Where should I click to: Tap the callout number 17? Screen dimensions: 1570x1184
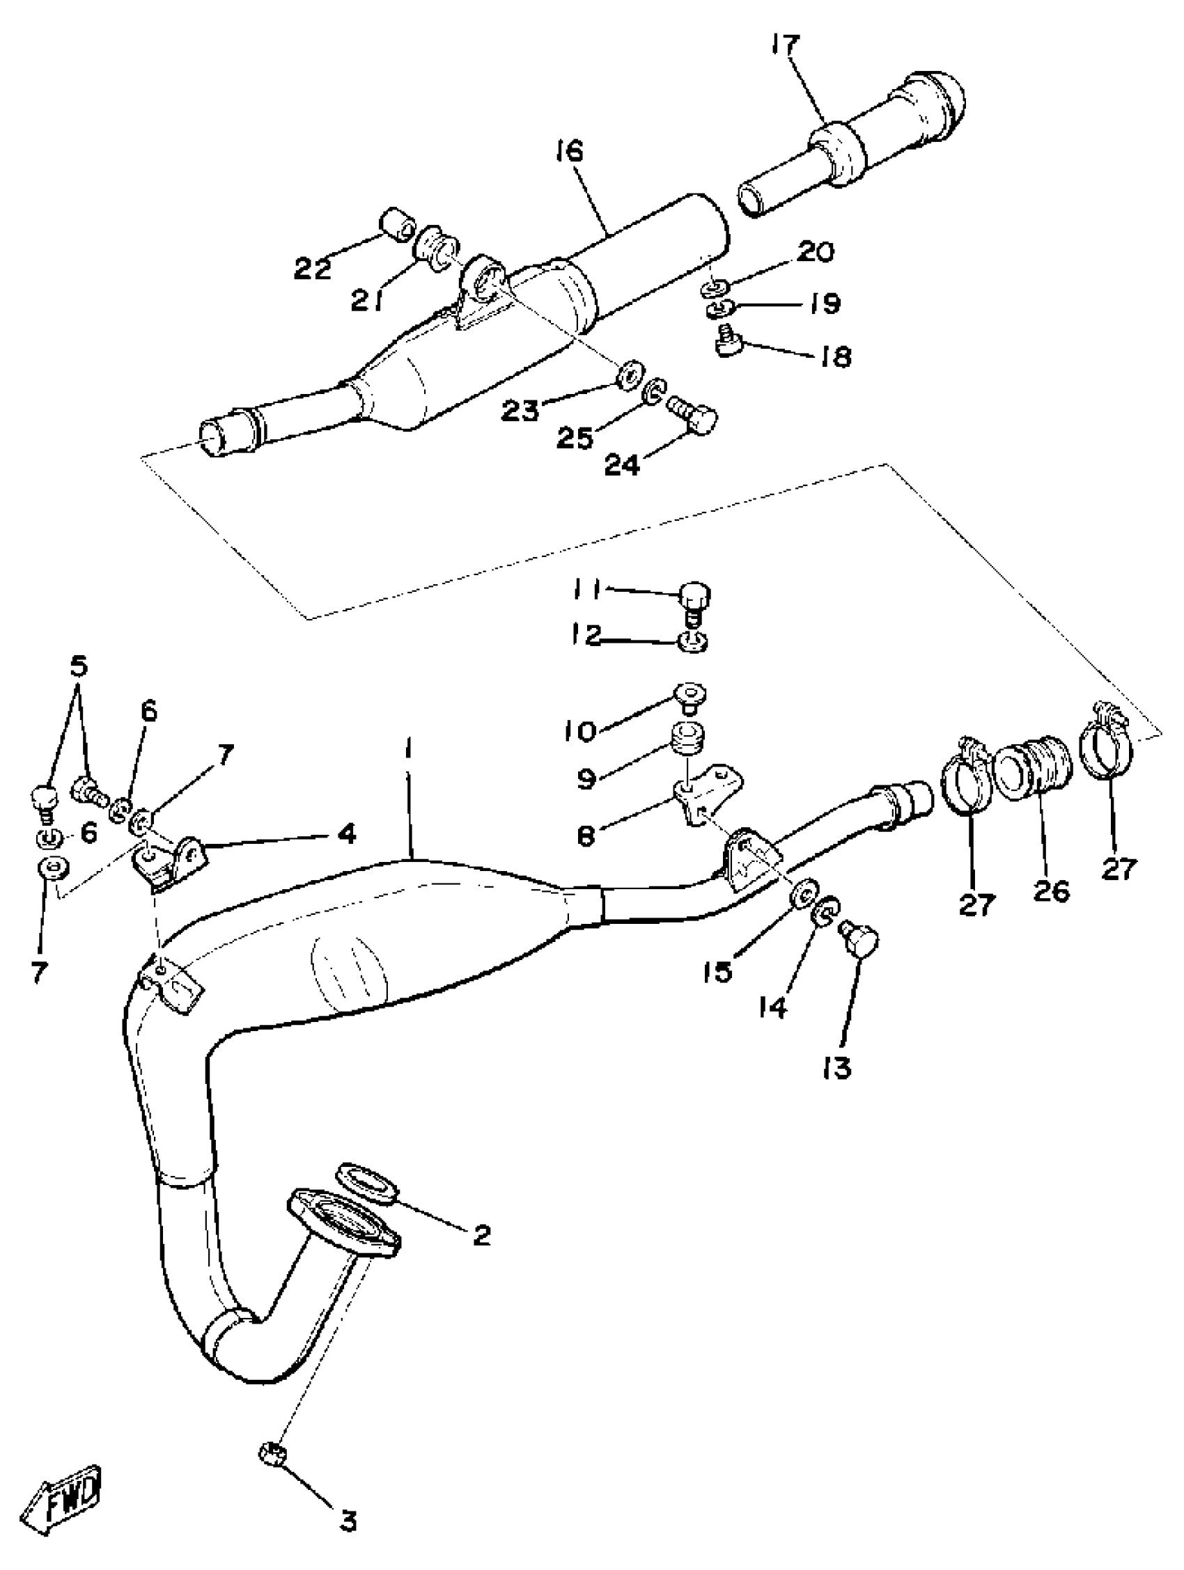pyautogui.click(x=785, y=47)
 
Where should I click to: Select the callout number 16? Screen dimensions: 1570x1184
pyautogui.click(x=569, y=151)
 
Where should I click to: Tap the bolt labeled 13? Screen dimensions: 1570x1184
pyautogui.click(x=859, y=941)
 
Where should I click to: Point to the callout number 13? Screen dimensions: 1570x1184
pyautogui.click(x=839, y=1067)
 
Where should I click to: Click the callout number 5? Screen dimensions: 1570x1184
pyautogui.click(x=79, y=667)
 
